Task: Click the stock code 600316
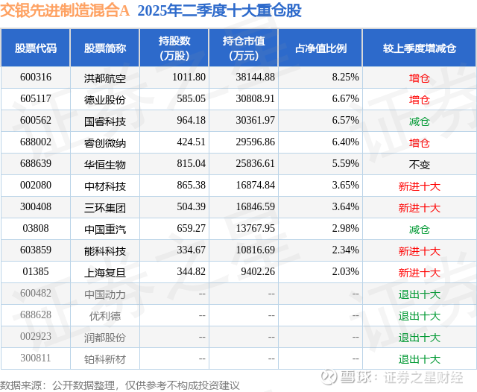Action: [36, 77]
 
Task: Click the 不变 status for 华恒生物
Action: [420, 164]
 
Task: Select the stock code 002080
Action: [36, 186]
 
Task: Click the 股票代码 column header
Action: [36, 48]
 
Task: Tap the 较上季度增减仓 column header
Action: [420, 48]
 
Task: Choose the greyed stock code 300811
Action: [36, 359]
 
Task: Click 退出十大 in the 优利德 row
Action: [420, 315]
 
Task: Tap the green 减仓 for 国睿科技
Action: [420, 121]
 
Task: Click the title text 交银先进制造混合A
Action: [65, 10]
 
